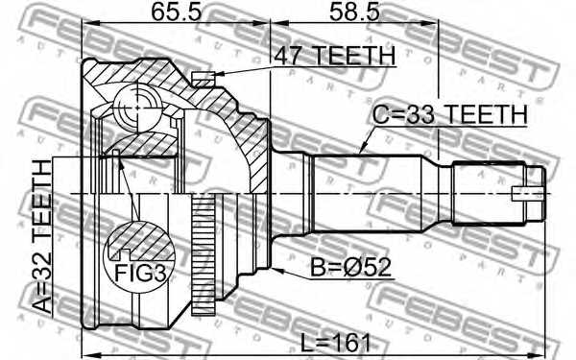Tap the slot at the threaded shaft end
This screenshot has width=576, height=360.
pos(528,192)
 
